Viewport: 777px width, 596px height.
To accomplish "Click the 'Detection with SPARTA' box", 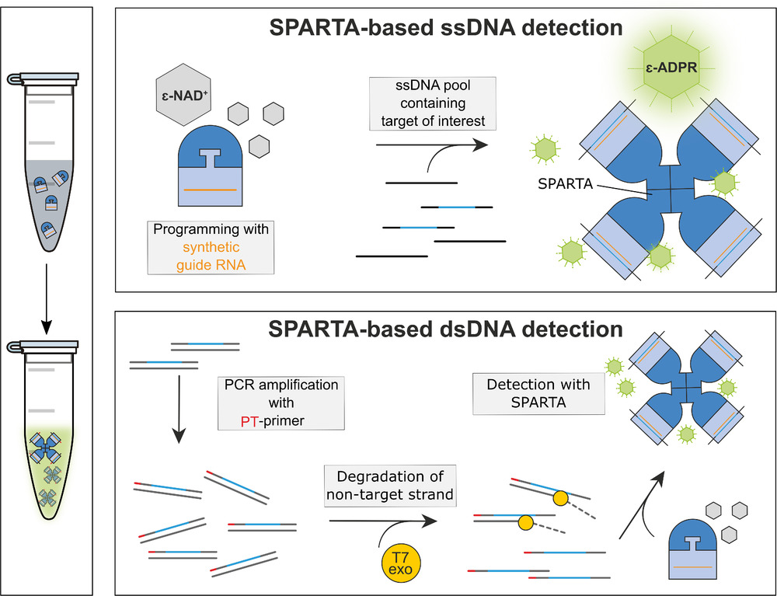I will pyautogui.click(x=538, y=393).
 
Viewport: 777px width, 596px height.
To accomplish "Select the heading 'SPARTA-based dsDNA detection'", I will pyautogui.click(x=446, y=329).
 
